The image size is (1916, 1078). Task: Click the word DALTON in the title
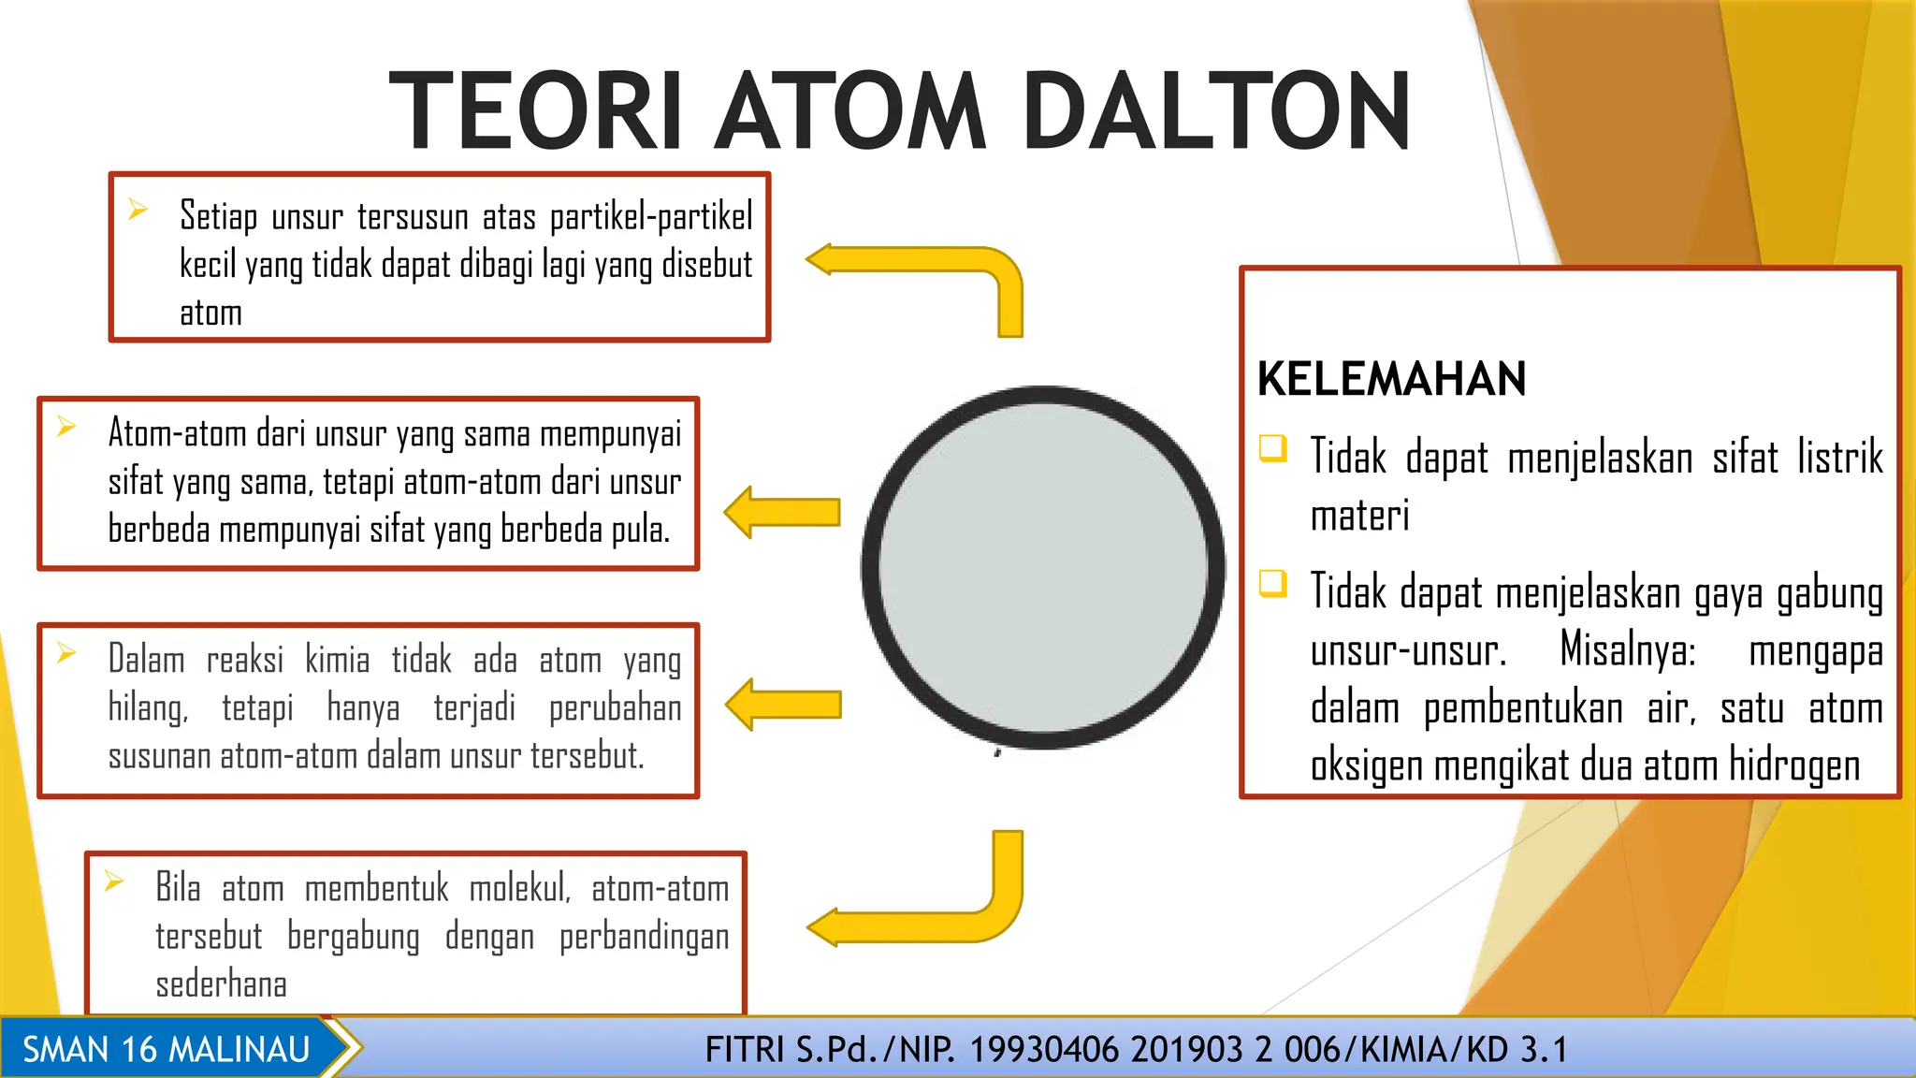coord(1216,112)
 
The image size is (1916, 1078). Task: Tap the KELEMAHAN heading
coord(1391,379)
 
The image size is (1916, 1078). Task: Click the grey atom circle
coord(1042,567)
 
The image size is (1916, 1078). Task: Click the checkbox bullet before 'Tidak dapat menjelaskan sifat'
coord(1273,448)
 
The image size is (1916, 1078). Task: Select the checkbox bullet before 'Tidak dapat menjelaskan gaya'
coord(1273,583)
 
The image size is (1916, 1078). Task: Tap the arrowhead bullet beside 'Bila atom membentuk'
coord(114,881)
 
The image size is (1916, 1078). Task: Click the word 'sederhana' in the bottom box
coord(221,984)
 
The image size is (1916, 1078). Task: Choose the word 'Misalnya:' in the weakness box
coord(1628,649)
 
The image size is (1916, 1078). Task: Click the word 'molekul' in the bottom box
coord(519,888)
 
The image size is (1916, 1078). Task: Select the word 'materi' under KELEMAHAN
coord(1359,516)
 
